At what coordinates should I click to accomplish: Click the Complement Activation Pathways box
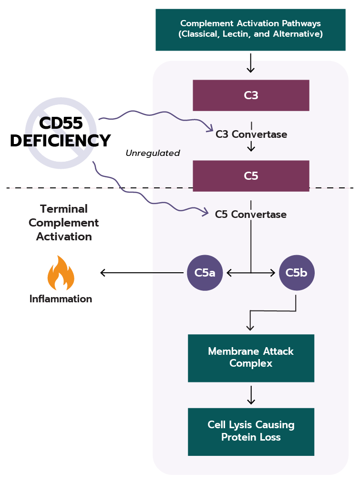click(x=250, y=29)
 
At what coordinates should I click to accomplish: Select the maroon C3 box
click(x=251, y=95)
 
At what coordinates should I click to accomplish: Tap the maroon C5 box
click(x=251, y=176)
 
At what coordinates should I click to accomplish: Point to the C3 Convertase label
click(x=251, y=134)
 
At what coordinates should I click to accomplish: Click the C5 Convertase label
click(x=251, y=215)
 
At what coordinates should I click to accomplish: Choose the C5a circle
click(x=205, y=273)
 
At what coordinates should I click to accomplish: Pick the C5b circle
click(x=297, y=273)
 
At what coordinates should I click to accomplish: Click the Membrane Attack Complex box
click(x=251, y=358)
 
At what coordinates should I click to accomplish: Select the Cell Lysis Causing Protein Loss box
click(x=251, y=431)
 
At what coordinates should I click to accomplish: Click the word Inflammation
click(x=61, y=299)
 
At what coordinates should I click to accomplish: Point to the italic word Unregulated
click(x=153, y=154)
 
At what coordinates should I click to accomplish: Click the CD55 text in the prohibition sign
click(x=61, y=124)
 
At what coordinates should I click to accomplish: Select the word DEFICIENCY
click(x=61, y=141)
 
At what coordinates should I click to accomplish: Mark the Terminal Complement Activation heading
click(x=63, y=223)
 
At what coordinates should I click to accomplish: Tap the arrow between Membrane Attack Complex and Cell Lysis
click(x=251, y=395)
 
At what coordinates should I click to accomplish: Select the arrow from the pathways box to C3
click(x=250, y=63)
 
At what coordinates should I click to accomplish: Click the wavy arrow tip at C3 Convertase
click(x=210, y=129)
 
